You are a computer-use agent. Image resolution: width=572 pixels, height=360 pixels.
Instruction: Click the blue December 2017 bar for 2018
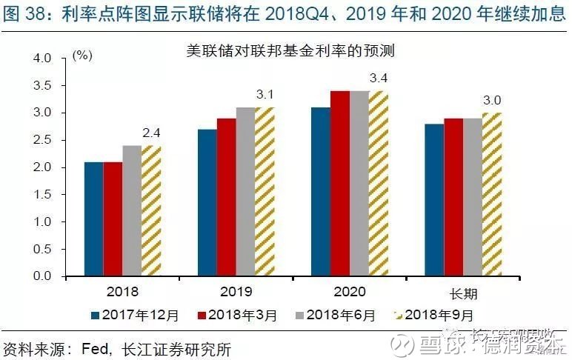(93, 219)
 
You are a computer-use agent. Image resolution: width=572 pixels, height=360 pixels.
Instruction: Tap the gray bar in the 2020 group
(359, 184)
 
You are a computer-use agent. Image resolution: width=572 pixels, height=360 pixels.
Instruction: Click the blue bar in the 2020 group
(321, 192)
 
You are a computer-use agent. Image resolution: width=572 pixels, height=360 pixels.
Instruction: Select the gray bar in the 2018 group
(132, 210)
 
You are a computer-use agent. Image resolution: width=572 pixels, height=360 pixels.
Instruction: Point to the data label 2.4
(151, 134)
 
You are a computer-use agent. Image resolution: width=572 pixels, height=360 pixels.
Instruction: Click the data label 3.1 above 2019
(265, 95)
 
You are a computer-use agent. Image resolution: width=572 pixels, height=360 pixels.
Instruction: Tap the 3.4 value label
(379, 79)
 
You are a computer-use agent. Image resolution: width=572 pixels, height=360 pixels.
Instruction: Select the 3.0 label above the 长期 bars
(492, 101)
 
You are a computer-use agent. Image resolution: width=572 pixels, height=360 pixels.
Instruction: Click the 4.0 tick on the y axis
(44, 58)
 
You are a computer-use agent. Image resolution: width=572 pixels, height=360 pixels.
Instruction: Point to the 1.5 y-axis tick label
(44, 195)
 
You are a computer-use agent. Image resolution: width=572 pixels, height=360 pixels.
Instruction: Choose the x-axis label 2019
(236, 292)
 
